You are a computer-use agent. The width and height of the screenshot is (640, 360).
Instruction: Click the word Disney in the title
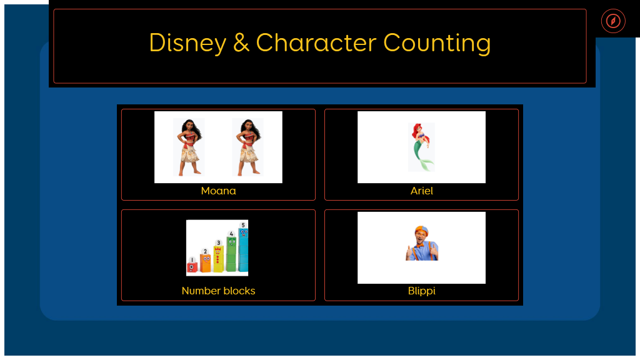point(187,43)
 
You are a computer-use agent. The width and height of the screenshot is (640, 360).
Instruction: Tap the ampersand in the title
point(241,43)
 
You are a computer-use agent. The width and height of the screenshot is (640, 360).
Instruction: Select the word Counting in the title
point(437,43)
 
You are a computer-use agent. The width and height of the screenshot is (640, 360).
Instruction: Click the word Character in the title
point(316,43)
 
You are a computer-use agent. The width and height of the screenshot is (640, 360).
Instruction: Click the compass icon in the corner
point(613,21)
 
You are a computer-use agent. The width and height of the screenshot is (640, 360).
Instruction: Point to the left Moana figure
point(189,147)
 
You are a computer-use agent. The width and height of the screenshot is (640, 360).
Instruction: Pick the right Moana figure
point(247,147)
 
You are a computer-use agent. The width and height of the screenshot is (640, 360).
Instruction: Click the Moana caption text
point(218,191)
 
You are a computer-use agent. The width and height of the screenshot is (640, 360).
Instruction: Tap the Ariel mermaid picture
point(421,147)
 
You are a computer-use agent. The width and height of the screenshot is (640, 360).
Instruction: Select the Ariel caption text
point(422,191)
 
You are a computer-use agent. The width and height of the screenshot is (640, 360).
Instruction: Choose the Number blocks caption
point(218,291)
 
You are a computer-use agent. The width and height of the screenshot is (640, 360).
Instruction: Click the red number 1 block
point(192,265)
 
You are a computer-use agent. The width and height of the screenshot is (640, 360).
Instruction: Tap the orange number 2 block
point(205,261)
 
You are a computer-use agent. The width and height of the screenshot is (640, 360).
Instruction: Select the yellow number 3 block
point(218,256)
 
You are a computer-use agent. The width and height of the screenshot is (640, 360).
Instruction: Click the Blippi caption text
point(422,291)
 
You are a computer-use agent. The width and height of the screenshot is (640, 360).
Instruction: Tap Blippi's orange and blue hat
point(421,230)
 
